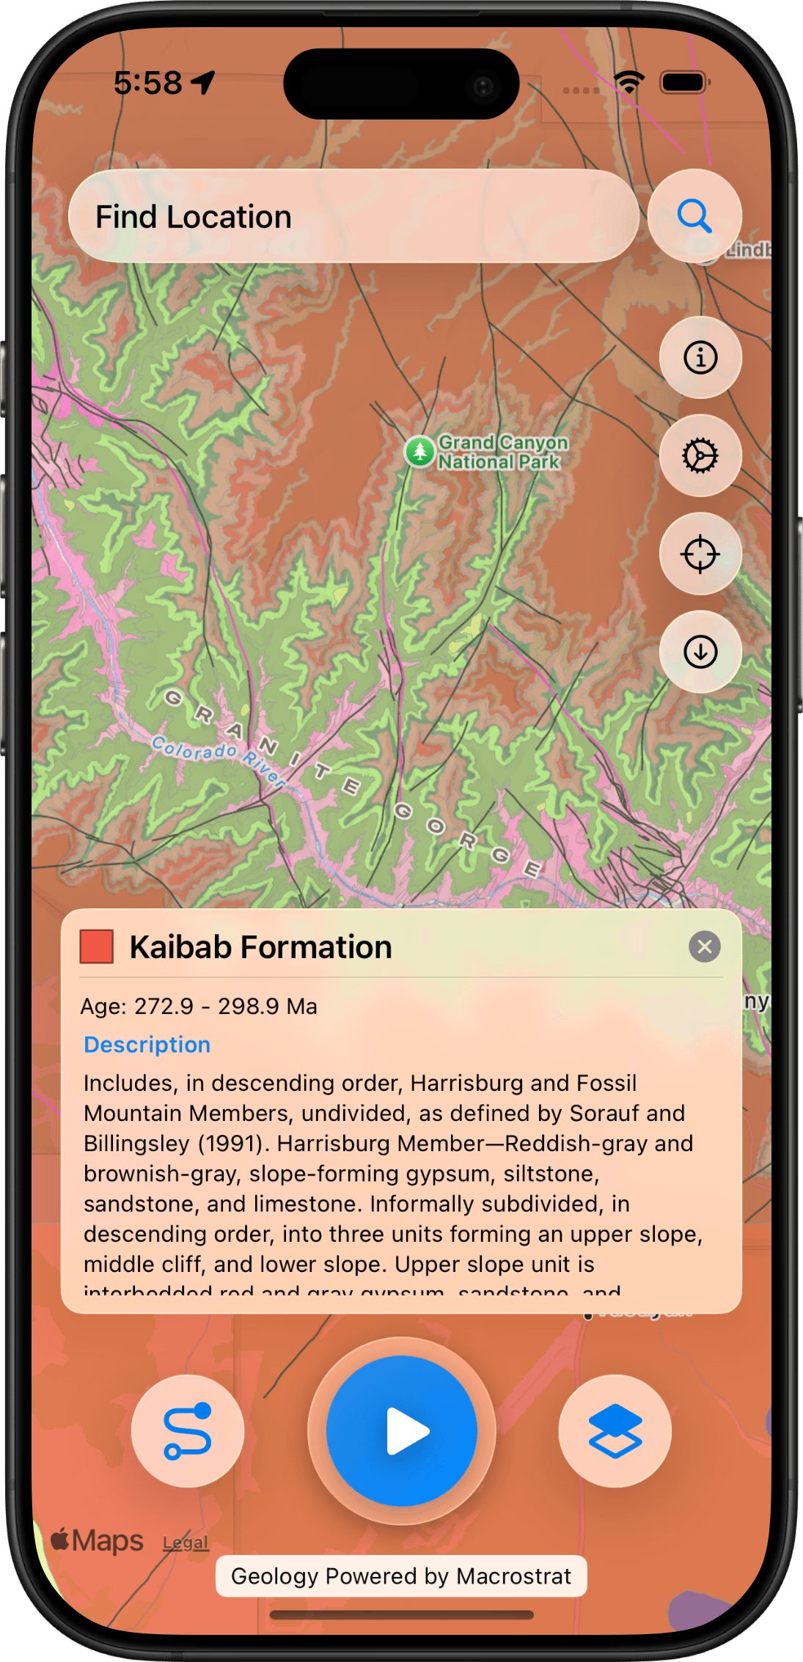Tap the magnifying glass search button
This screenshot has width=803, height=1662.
[x=694, y=216]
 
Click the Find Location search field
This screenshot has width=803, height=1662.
[x=353, y=217]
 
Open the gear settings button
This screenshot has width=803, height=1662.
[x=700, y=456]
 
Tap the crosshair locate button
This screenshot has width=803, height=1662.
[x=700, y=554]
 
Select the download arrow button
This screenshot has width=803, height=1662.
[x=700, y=651]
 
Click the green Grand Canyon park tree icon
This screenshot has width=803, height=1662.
[x=419, y=452]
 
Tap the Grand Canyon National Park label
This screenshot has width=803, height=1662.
[x=503, y=452]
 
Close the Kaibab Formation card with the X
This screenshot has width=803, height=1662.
[x=704, y=946]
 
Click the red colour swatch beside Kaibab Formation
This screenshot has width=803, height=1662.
[x=97, y=946]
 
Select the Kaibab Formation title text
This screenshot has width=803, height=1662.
[x=260, y=947]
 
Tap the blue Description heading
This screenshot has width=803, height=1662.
[x=147, y=1045]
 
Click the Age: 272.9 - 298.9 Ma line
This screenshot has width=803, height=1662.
[x=199, y=1007]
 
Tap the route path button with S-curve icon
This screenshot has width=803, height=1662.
[x=188, y=1430]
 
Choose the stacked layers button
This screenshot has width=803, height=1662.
[x=615, y=1430]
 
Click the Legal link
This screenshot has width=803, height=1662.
[x=186, y=1543]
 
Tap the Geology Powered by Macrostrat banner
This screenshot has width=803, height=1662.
[x=401, y=1576]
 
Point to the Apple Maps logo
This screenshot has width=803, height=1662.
[x=97, y=1540]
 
